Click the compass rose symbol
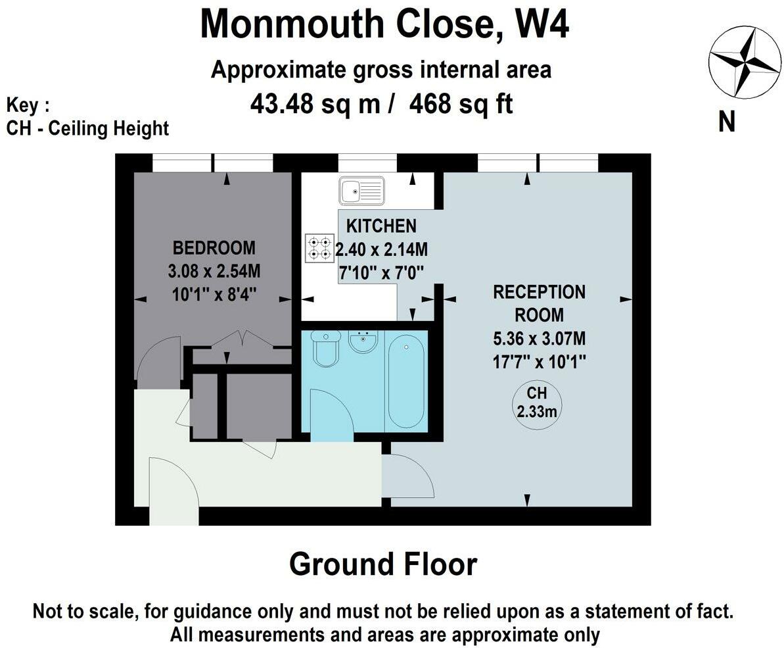(745, 64)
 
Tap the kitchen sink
(361, 191)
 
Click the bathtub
(406, 382)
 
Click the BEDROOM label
(214, 248)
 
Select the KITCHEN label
(382, 226)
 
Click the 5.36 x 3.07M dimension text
(539, 339)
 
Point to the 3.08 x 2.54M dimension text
(214, 272)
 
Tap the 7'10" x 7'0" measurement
(382, 273)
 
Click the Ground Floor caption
(383, 564)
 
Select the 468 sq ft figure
(461, 105)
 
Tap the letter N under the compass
(727, 121)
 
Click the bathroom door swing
(333, 415)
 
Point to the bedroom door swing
(158, 359)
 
